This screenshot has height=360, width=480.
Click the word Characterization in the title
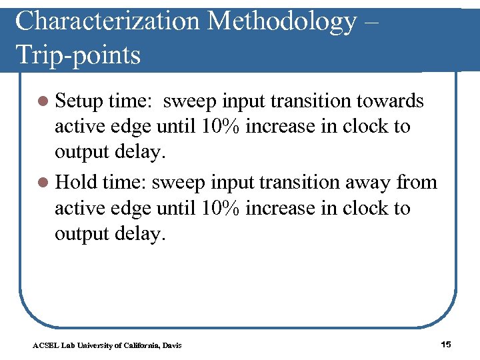(x=107, y=21)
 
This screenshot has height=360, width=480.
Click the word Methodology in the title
(x=283, y=21)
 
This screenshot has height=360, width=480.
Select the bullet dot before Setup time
(x=43, y=101)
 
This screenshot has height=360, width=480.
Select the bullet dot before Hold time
(x=43, y=183)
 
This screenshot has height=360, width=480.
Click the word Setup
(x=79, y=101)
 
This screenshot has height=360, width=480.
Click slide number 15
(x=446, y=344)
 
